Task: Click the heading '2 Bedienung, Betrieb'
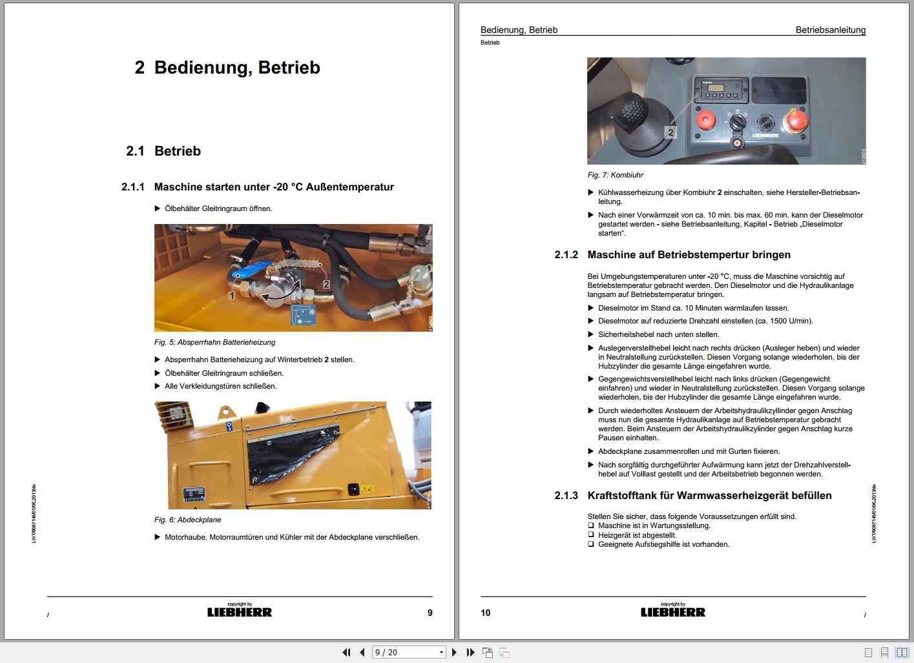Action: coord(227,68)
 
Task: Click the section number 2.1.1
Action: coord(132,187)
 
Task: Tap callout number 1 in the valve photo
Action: coord(231,295)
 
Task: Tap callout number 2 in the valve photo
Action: coord(326,284)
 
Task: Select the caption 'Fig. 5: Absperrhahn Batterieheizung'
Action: coord(214,342)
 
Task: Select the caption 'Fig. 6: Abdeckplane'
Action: coord(187,520)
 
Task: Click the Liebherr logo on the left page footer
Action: coord(240,612)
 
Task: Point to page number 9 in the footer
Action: coord(430,613)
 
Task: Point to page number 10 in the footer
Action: coord(486,613)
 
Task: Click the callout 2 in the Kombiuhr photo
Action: coord(670,132)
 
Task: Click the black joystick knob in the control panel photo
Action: coord(629,110)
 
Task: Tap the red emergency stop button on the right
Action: coord(794,121)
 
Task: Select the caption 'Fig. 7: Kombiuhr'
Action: coord(615,175)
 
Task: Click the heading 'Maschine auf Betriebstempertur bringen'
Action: coord(689,255)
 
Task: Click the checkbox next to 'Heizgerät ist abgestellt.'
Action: coord(590,535)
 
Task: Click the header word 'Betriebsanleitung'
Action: coord(830,30)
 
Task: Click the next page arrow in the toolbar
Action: coord(454,653)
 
